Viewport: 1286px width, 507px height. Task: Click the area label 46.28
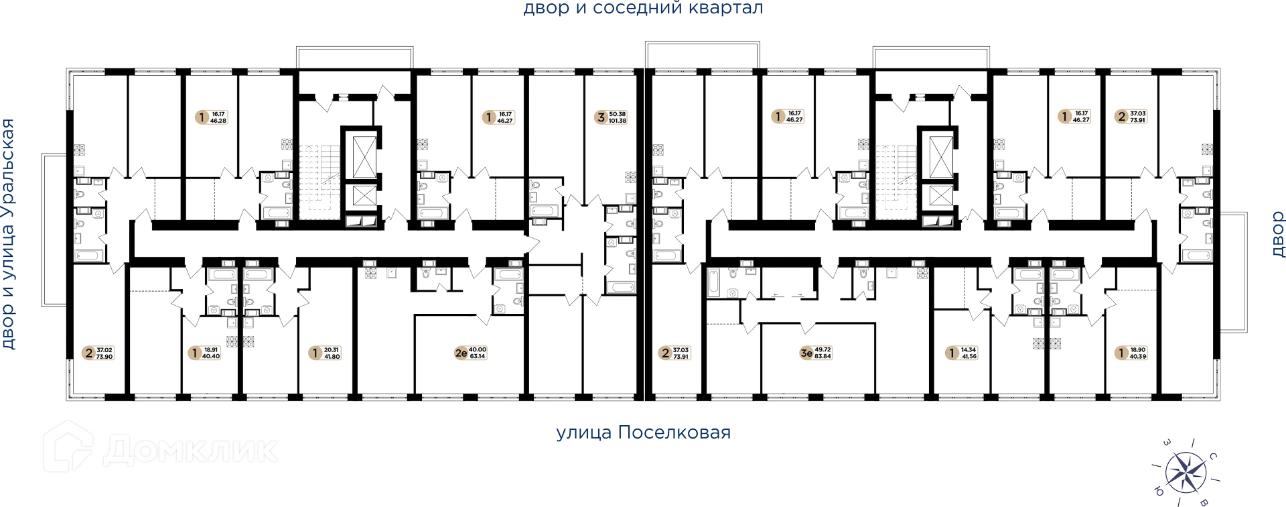(218, 121)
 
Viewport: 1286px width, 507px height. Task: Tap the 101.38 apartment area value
(618, 121)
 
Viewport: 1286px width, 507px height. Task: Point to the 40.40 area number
(211, 356)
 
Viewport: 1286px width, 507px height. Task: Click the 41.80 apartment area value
(332, 356)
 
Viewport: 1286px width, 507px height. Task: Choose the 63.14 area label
(477, 356)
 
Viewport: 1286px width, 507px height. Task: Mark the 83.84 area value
(823, 356)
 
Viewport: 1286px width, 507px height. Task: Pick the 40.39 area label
(1138, 356)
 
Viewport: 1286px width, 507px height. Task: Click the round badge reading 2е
(460, 353)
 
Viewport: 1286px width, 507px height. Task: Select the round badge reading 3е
(806, 353)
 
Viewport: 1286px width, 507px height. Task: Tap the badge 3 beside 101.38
(601, 117)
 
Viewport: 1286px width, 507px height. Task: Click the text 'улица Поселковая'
(643, 433)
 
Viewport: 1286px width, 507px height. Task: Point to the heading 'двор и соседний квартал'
(643, 9)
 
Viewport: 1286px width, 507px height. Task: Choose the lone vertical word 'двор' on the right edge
(1277, 233)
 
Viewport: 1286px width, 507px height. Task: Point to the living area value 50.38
(618, 114)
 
